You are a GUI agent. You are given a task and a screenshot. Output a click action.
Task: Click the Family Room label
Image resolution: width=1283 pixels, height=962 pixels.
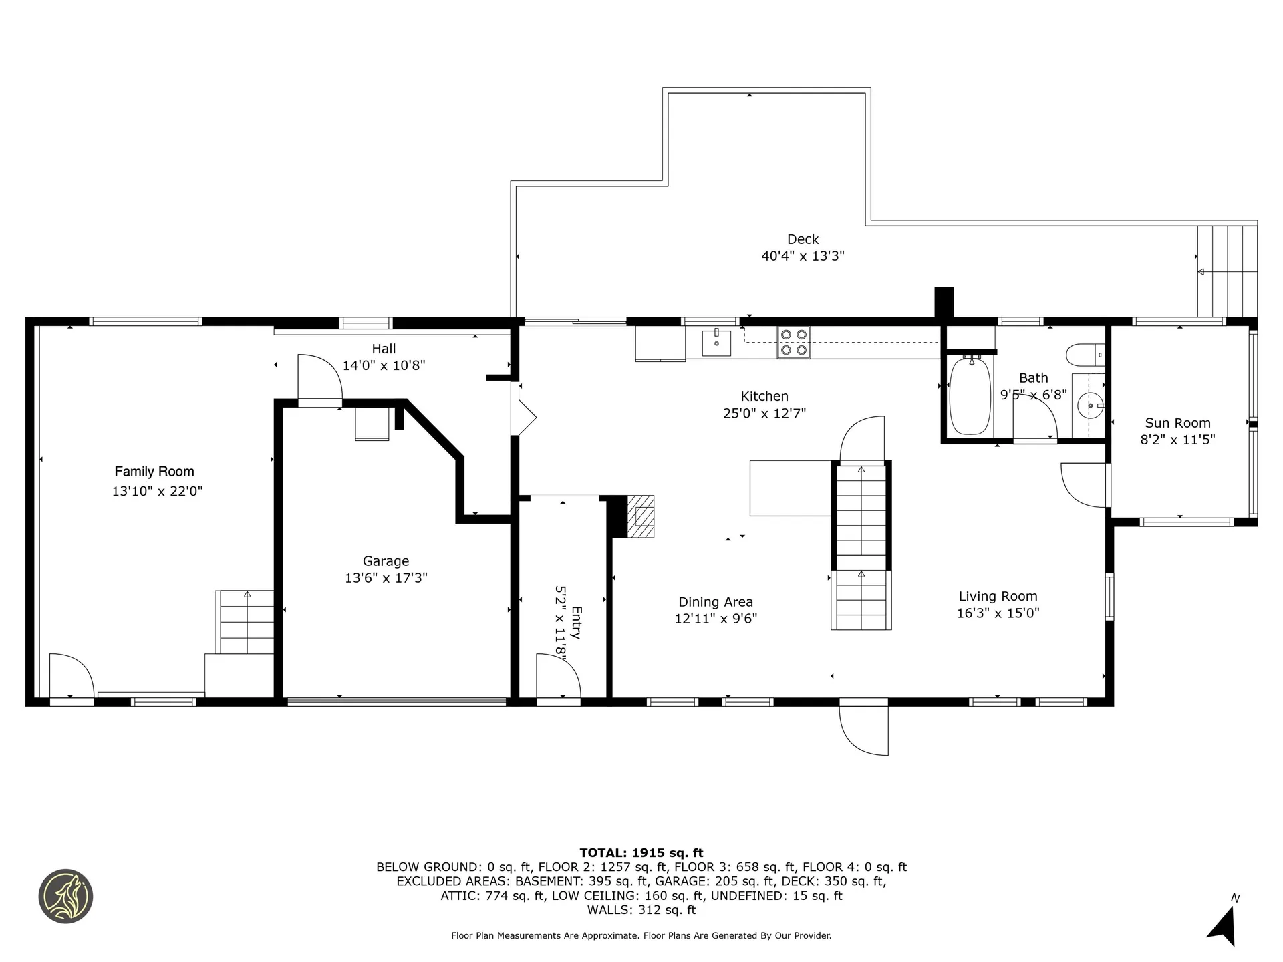pos(154,472)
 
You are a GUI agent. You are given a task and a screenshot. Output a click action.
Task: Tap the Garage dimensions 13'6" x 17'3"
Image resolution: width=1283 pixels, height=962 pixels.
pos(386,578)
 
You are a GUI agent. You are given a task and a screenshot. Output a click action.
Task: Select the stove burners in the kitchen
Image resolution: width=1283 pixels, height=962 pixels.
pos(793,342)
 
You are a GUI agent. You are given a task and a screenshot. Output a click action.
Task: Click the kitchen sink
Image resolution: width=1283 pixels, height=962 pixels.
pos(716,342)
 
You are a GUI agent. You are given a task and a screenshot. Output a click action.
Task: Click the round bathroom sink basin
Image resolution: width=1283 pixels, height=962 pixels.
pos(1090,405)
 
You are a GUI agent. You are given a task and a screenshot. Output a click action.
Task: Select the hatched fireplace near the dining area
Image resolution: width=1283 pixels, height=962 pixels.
pos(641,516)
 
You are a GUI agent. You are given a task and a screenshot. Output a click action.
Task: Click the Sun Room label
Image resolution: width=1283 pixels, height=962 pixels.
pos(1177,423)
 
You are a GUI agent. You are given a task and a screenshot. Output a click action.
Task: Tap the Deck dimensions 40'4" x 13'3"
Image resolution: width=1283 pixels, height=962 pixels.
pos(803,256)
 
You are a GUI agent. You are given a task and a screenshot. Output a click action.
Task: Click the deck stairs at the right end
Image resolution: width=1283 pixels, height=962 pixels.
pos(1228,271)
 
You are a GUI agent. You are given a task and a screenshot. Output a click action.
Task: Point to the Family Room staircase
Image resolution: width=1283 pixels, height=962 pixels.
pos(246,622)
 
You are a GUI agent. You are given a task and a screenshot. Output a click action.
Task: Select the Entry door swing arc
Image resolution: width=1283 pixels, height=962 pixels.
pos(559,676)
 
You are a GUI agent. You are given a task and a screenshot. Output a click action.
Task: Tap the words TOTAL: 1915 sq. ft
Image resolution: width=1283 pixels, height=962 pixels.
pos(641,853)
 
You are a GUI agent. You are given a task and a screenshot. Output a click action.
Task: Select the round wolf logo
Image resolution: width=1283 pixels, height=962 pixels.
pos(65,897)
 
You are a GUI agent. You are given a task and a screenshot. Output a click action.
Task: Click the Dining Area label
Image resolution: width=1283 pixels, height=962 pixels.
pos(716,603)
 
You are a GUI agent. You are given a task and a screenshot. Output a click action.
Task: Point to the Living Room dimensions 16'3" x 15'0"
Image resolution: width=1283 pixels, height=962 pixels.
pos(998,613)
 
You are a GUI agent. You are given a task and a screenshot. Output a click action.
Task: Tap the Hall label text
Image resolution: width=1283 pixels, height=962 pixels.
pos(384,349)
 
